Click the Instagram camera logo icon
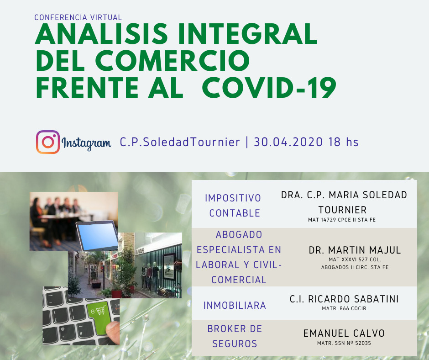pos(48,142)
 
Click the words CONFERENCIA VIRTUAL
pos(78,17)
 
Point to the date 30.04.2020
pos(288,142)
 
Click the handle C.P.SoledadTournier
pos(180,142)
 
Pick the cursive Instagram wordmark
pos(86,143)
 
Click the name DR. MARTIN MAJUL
pos(355,250)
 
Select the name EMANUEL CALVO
pos(344,333)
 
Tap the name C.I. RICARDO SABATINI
pos(344,299)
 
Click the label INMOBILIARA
pos(235,306)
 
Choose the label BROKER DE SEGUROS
pos(235,336)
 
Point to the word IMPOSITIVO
pos(233,198)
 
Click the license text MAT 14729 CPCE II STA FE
pos(342,220)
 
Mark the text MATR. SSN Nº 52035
pos(344,343)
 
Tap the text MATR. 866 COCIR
pos(344,308)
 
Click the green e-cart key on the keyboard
pos(99,317)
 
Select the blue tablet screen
pos(97,236)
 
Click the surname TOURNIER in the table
pos(342,210)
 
